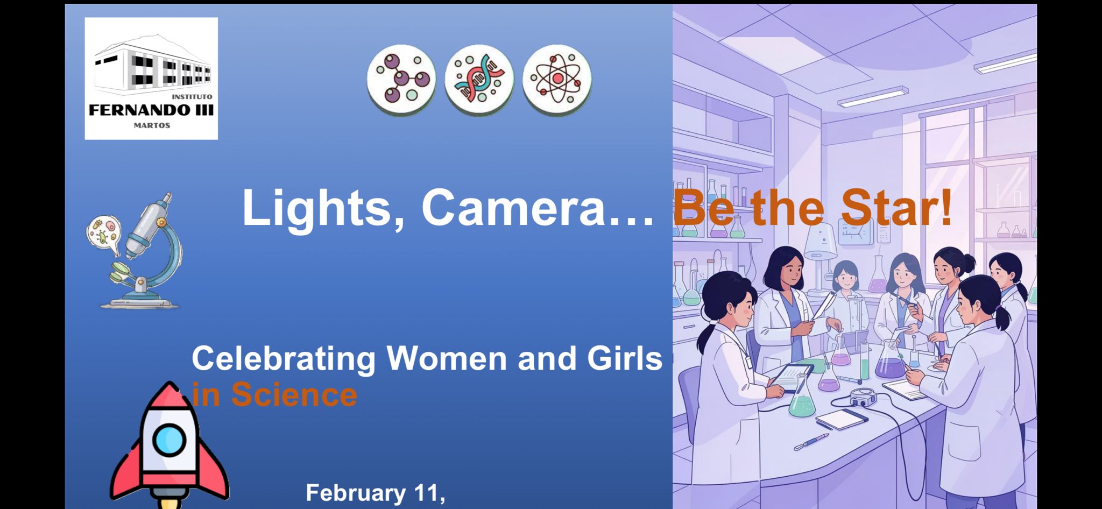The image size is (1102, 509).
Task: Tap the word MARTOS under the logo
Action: click(152, 126)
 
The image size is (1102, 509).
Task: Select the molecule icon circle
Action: click(401, 80)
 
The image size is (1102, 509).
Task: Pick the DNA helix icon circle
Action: click(479, 80)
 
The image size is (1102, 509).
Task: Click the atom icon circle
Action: click(557, 80)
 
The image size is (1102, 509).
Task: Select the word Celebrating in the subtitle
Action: click(284, 358)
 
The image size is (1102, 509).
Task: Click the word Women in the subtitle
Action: click(447, 358)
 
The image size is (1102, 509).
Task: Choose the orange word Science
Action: click(294, 394)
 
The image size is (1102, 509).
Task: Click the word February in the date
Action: click(356, 493)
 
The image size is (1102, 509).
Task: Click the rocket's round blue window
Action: click(169, 440)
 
